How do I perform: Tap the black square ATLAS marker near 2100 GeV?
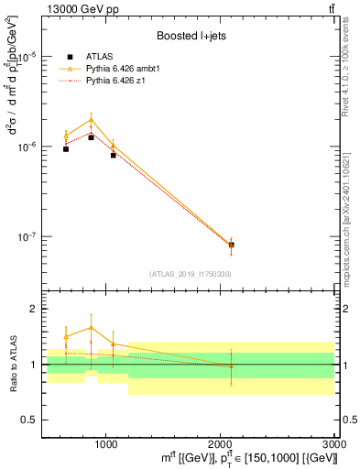(x=231, y=245)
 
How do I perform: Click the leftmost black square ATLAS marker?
(x=66, y=148)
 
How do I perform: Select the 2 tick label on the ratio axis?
(x=31, y=310)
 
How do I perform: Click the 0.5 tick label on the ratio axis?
(x=27, y=420)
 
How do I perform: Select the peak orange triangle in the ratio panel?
(x=91, y=327)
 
